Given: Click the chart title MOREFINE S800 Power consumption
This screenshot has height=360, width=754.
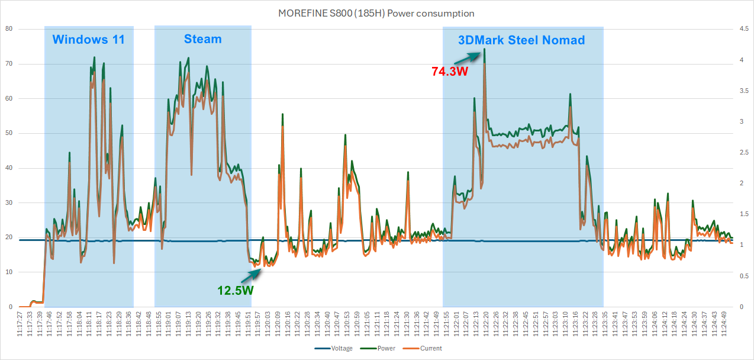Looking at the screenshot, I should [376, 13].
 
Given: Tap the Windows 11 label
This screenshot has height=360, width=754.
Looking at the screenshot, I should [88, 40].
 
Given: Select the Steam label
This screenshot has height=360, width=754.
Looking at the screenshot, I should [202, 39].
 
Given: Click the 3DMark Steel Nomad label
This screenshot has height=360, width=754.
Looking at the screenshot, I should [521, 40].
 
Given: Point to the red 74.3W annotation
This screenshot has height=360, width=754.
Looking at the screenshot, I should [450, 71].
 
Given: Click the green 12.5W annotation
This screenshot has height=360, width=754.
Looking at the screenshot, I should [236, 290].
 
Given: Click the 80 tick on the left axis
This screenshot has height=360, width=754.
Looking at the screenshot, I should [9, 29].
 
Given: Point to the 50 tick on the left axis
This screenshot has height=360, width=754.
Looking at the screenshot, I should [9, 133].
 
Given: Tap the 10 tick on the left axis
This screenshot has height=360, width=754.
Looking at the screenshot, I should [9, 272].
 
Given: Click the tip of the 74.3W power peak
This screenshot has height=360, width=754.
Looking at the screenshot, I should [484, 49].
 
